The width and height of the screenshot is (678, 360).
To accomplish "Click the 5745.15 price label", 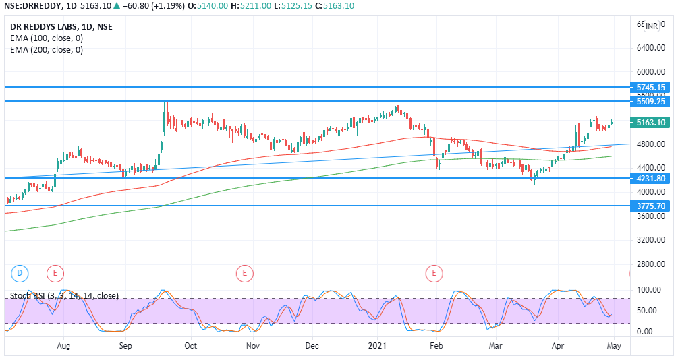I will click(651, 88).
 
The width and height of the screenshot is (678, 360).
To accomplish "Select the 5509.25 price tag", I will click(651, 102).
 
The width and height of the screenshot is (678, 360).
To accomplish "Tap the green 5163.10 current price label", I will click(651, 123).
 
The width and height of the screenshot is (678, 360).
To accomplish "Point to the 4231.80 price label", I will click(651, 179).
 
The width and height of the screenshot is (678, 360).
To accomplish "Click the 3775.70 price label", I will click(651, 206).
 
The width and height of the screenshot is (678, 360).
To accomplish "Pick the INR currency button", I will click(652, 26).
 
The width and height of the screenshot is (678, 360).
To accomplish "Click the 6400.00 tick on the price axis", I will click(651, 48).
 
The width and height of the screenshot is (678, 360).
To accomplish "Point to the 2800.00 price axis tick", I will click(651, 264).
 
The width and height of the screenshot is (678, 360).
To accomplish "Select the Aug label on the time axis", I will click(64, 346).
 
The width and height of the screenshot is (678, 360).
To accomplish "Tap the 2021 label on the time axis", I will click(376, 346).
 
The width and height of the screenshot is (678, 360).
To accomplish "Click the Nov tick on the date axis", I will click(253, 346).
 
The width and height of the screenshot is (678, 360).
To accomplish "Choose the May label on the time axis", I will click(613, 346).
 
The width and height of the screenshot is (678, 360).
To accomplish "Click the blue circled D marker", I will click(20, 273).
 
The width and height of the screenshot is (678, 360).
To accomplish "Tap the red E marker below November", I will click(244, 273).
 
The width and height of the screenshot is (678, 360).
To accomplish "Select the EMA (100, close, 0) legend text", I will click(46, 38).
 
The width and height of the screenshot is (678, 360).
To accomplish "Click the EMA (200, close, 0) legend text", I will click(46, 50).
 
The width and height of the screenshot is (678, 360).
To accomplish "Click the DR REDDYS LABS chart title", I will click(61, 27).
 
